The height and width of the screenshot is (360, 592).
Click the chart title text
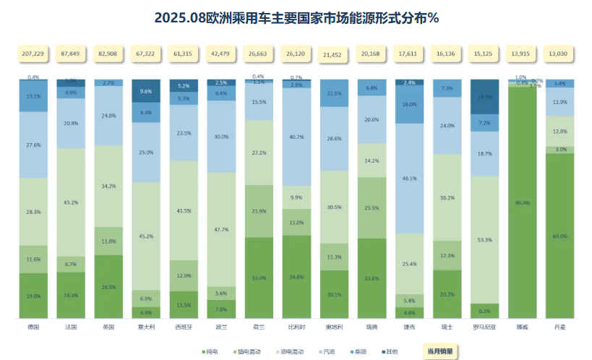click(296, 17)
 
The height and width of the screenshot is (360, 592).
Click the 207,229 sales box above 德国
click(33, 54)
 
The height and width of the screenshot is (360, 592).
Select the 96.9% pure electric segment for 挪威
click(520, 202)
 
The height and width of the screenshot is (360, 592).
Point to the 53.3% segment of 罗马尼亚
click(484, 239)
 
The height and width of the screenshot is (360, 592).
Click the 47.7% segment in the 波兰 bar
click(220, 229)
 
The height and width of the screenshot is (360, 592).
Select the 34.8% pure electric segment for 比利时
click(296, 277)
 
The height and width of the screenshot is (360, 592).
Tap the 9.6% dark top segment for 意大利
click(145, 91)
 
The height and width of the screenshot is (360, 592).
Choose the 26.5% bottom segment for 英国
click(108, 286)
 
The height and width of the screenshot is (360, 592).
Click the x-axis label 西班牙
click(183, 327)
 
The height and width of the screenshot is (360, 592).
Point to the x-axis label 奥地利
click(333, 327)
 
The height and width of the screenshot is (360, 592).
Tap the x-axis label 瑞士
click(446, 327)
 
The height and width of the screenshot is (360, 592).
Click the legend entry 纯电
click(212, 351)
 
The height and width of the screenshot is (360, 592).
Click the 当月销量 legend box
click(440, 351)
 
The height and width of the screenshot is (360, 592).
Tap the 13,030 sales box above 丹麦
click(558, 54)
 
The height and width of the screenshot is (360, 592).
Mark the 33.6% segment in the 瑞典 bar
click(371, 278)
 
